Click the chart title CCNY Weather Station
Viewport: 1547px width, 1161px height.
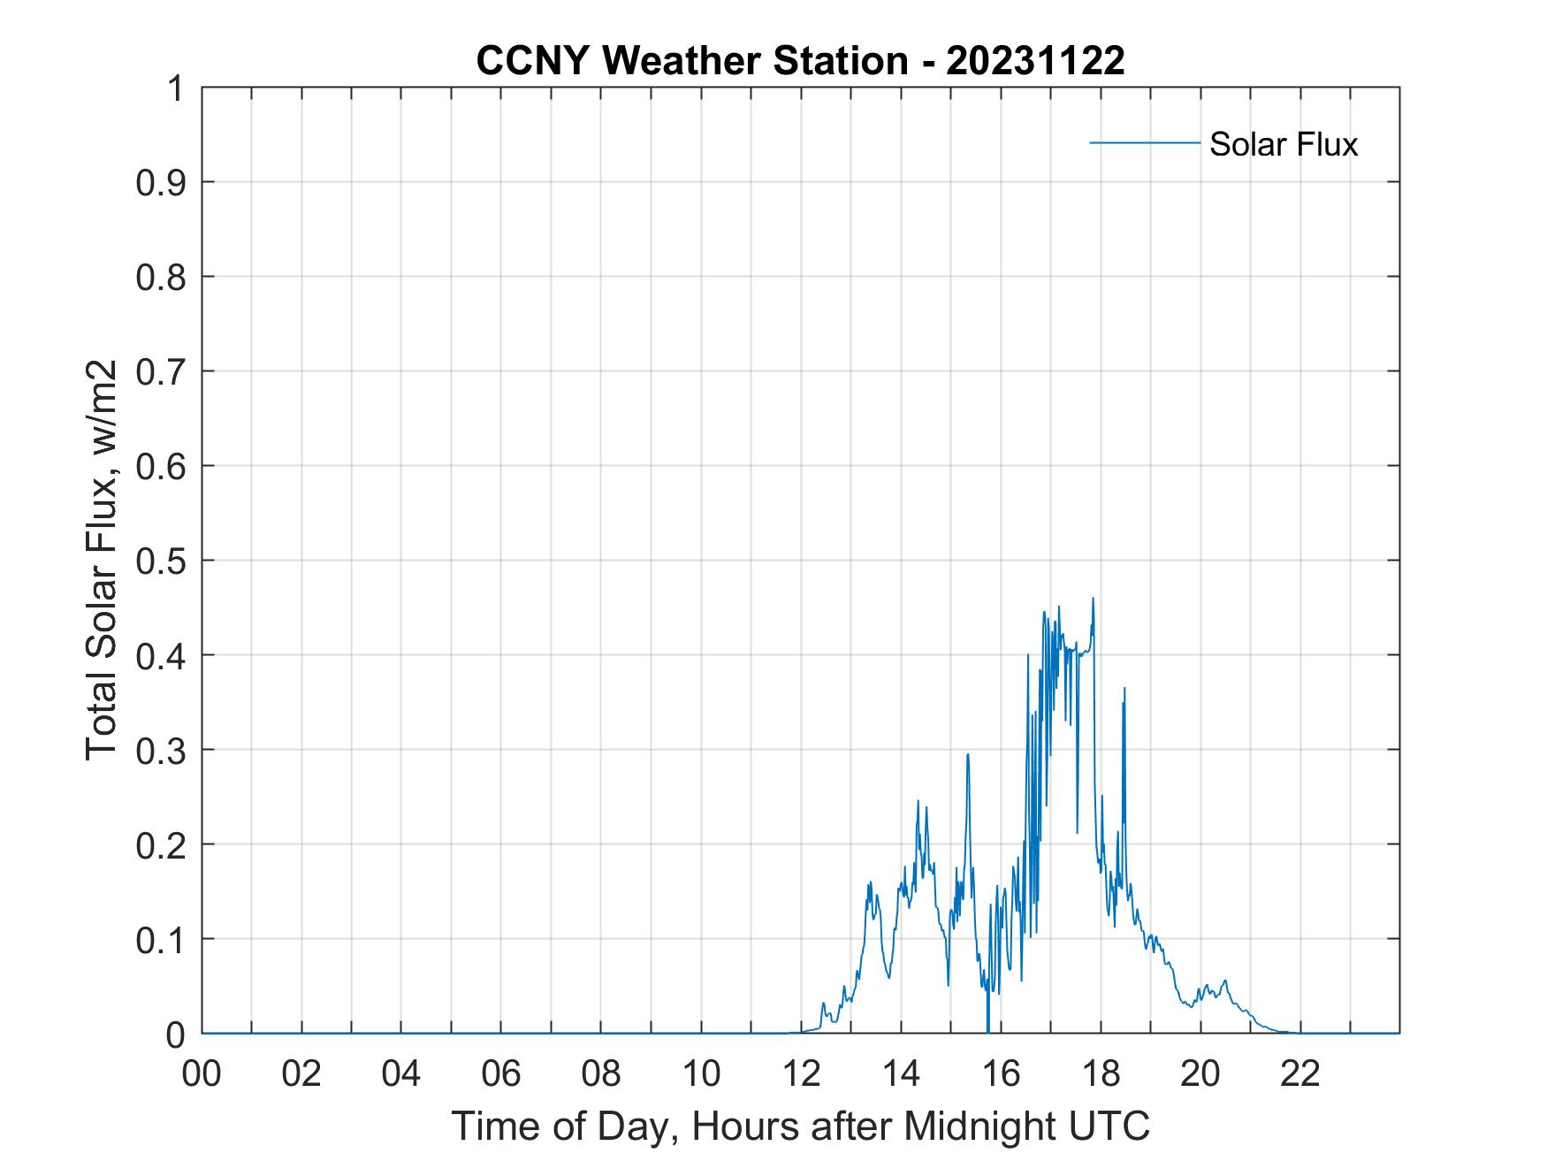click(x=691, y=61)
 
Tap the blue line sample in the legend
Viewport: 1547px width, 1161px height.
click(x=1144, y=142)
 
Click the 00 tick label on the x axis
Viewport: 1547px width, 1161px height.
click(x=202, y=1073)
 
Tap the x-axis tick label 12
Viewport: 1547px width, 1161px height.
click(x=801, y=1073)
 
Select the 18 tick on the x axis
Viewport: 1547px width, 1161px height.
click(x=1101, y=1073)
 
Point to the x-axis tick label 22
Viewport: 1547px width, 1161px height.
click(x=1300, y=1073)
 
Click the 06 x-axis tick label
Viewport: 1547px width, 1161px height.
click(x=501, y=1073)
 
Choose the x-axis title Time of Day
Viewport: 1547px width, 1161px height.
click(x=801, y=1126)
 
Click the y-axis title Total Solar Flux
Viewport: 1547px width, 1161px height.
click(x=103, y=560)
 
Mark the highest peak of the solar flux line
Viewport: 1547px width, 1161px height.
click(x=1094, y=599)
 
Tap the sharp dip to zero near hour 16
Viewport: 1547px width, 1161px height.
click(x=987, y=1029)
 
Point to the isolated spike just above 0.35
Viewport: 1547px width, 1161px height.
click(x=1124, y=689)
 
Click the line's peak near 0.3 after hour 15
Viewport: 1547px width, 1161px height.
click(x=968, y=754)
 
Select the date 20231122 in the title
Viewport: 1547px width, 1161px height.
click(x=1035, y=61)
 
